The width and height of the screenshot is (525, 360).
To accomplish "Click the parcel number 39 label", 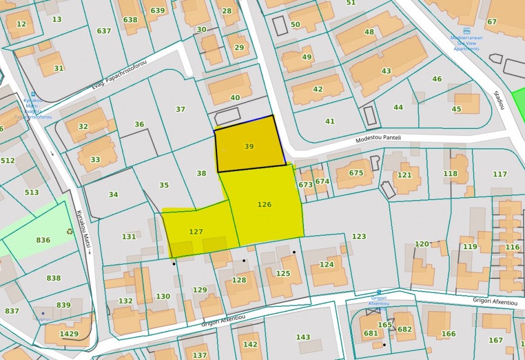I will (x=249, y=146).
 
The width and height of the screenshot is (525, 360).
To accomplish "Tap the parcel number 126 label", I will (x=264, y=204).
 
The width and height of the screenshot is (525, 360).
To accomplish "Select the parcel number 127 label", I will (x=196, y=232).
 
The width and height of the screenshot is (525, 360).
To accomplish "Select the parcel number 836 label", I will (x=43, y=240).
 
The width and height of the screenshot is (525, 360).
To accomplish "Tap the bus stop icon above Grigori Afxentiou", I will (x=379, y=292).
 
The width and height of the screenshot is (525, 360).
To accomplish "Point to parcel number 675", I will (x=356, y=173).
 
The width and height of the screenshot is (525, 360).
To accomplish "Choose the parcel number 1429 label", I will (x=69, y=334).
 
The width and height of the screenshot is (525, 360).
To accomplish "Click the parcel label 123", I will (x=359, y=236).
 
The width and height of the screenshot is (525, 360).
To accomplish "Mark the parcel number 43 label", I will (x=386, y=71).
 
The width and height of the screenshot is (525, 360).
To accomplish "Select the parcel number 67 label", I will (x=492, y=22).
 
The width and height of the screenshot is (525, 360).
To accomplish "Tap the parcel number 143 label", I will (x=303, y=337).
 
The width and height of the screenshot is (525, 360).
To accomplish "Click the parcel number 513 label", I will (x=32, y=192).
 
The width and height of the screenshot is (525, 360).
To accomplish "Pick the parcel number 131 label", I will (x=128, y=236).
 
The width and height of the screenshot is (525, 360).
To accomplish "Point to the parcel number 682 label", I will (x=405, y=329).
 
